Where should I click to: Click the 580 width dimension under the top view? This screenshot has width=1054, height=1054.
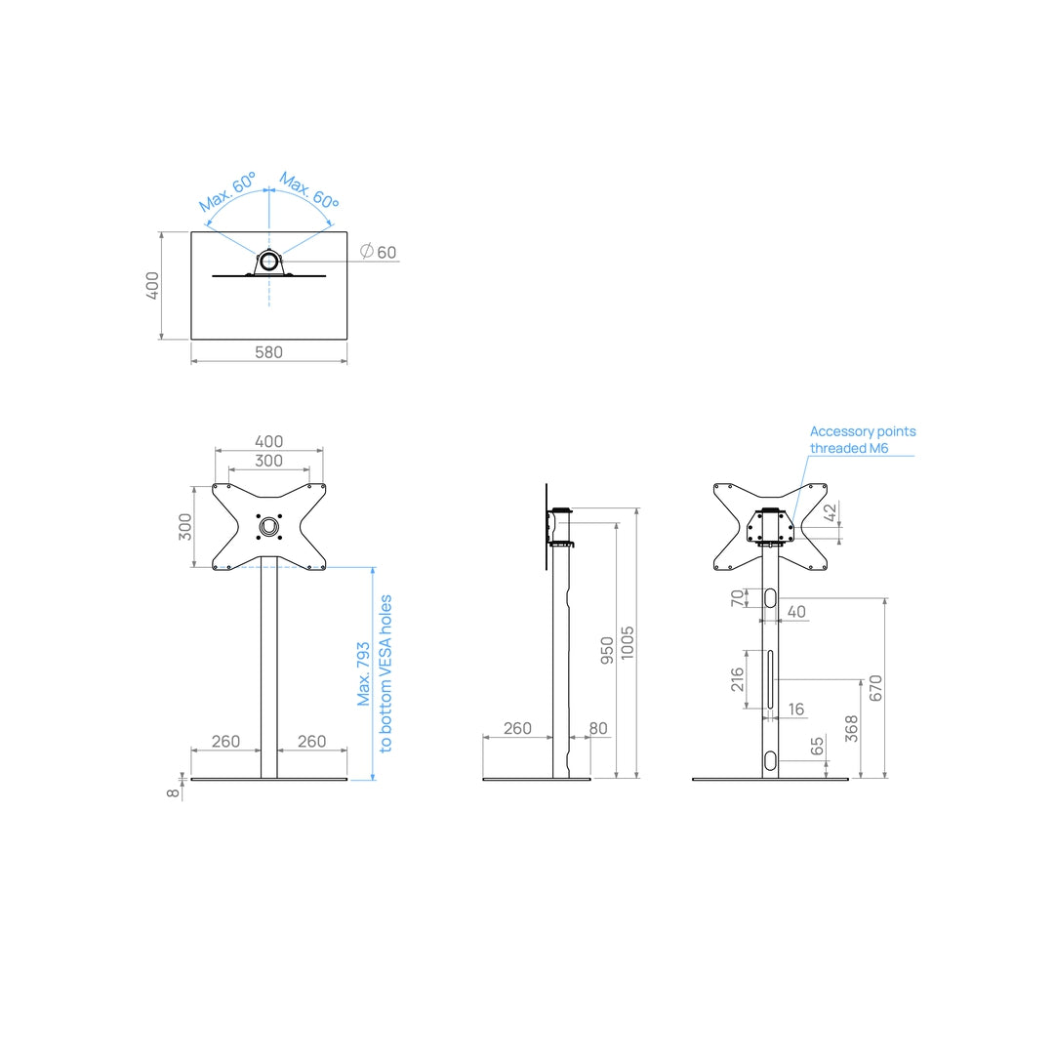click(x=269, y=352)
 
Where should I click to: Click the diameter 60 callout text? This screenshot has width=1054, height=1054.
click(x=379, y=252)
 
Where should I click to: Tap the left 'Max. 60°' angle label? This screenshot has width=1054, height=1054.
click(x=227, y=191)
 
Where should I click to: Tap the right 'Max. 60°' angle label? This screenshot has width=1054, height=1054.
click(x=309, y=190)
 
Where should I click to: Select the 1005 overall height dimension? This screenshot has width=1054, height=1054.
click(x=628, y=642)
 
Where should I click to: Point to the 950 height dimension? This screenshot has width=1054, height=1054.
click(x=607, y=651)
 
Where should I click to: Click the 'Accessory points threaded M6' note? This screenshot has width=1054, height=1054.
click(x=863, y=439)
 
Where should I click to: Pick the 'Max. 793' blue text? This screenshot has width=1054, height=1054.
click(x=364, y=673)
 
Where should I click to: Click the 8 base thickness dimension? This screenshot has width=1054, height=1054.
click(x=174, y=793)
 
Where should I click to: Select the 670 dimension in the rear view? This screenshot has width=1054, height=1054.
click(x=875, y=688)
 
